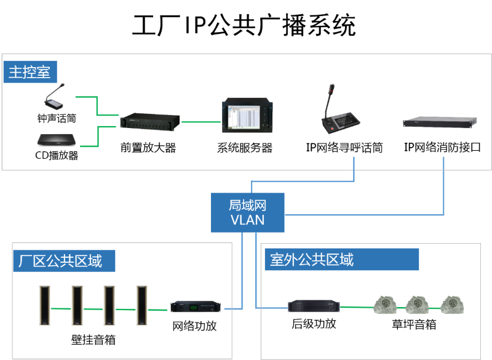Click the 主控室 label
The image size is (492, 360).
coord(30,73)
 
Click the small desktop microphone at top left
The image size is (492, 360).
coord(54,97)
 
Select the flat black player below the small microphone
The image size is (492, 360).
coord(56,140)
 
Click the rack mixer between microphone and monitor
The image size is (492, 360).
coord(150,122)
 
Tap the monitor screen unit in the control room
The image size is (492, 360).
coord(247,115)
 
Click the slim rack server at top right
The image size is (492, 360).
coord(440,122)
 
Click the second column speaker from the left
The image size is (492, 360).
coord(77,305)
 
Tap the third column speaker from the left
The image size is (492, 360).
coord(109,305)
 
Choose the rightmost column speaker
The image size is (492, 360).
coord(142,305)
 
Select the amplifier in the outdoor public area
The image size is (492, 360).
coord(314,306)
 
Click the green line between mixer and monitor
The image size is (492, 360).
coord(200,122)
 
